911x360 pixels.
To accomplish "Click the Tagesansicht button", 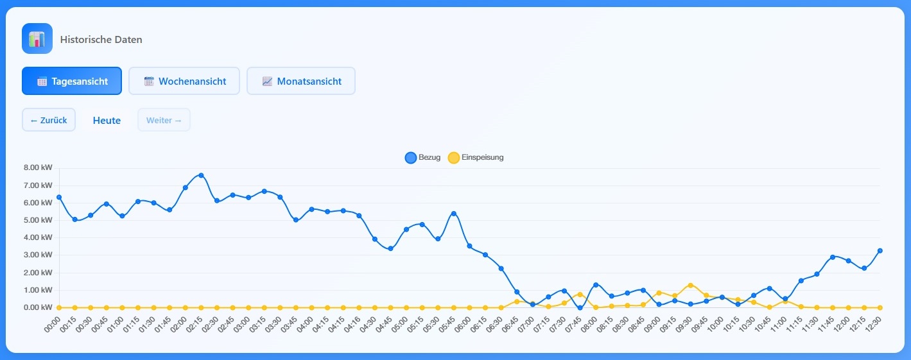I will [x=72, y=81].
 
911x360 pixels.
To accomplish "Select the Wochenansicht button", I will [x=184, y=81].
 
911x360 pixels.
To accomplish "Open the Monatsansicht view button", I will [x=301, y=81].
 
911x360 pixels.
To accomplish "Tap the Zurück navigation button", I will [x=49, y=120].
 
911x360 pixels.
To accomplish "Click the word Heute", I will [x=107, y=121].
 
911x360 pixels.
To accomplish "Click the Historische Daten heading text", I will [x=101, y=40].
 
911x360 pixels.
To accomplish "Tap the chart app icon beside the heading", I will [x=37, y=39].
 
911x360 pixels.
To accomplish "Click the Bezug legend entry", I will [x=423, y=158].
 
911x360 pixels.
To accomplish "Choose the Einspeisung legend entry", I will [x=476, y=158].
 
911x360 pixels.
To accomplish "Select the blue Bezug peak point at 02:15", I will [x=201, y=175].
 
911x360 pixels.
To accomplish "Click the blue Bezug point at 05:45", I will [x=453, y=214].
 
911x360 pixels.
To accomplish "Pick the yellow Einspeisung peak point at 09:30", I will [x=690, y=285].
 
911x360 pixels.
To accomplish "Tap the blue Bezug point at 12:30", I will [x=880, y=251].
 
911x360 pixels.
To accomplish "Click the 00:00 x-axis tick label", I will [x=53, y=323].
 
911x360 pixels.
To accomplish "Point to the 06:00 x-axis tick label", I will [x=463, y=323].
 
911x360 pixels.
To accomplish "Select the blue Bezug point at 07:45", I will [x=580, y=307].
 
